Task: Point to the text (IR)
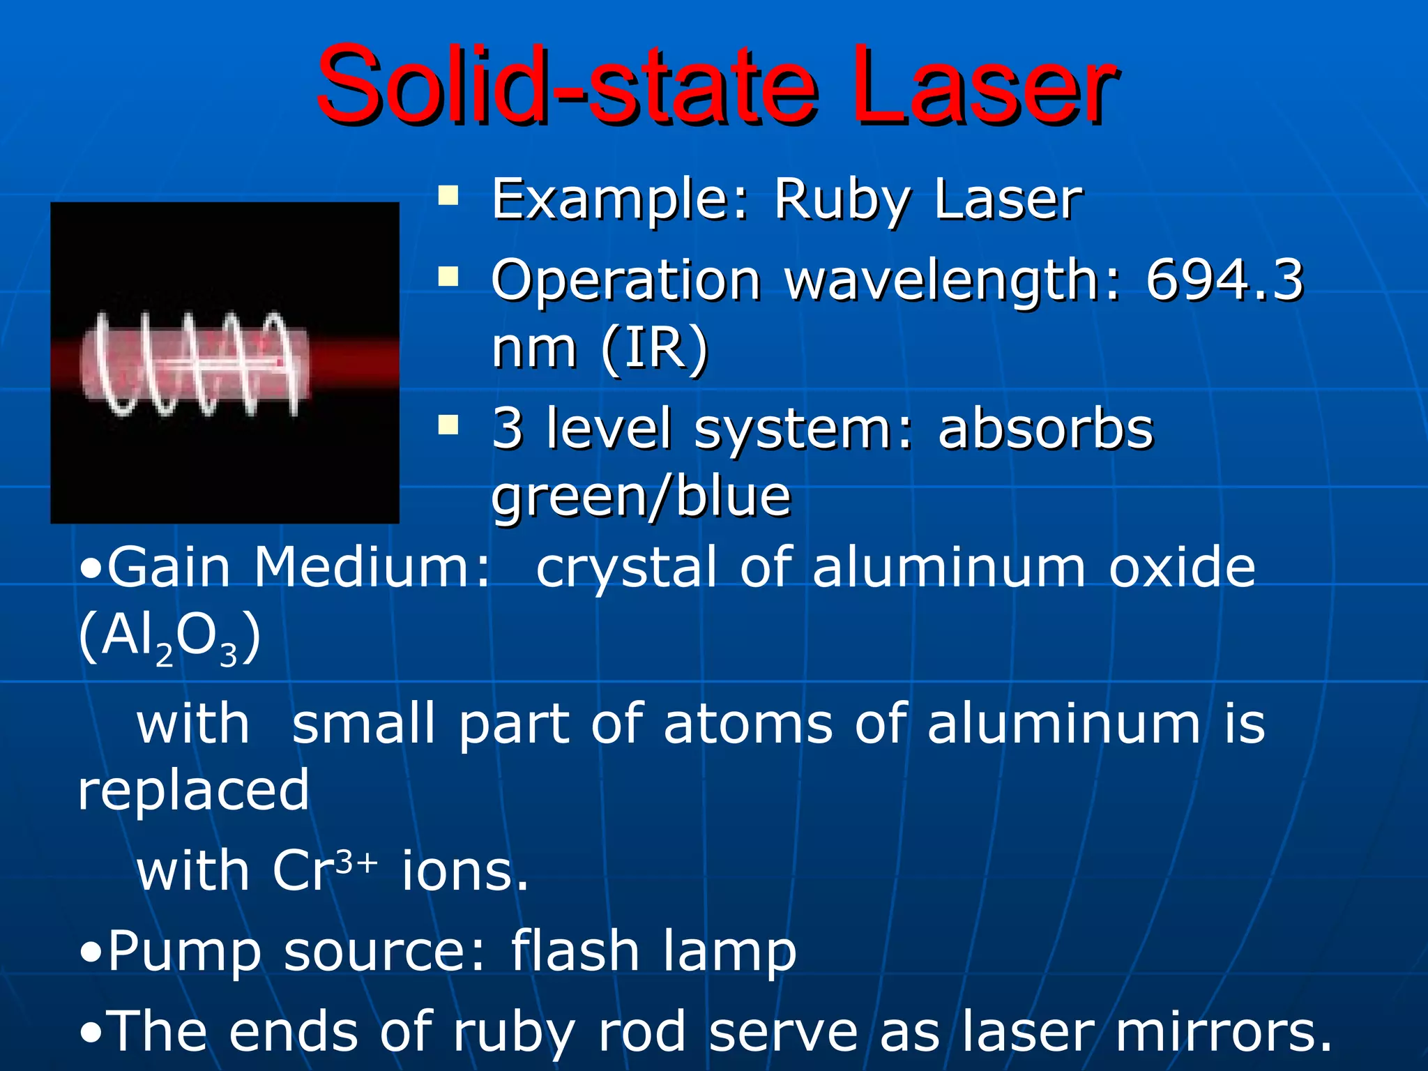coord(655,348)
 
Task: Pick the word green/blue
coord(641,497)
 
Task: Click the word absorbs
coord(1046,428)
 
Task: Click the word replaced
coord(193,791)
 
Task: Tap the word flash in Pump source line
coord(575,951)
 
